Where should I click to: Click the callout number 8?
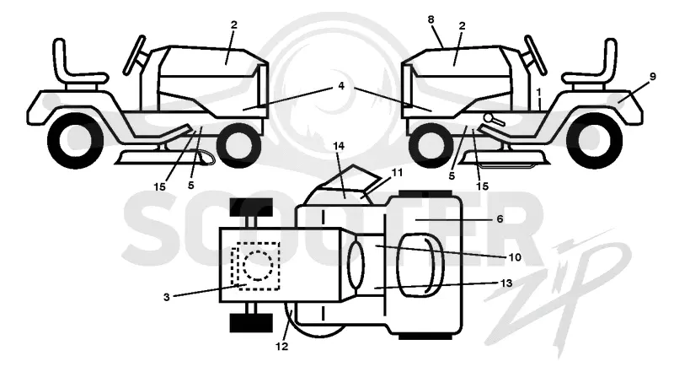pos(431,19)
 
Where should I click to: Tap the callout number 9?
pos(652,77)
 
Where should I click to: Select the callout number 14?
pos(339,146)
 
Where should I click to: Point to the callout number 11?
pos(397,173)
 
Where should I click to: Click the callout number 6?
pos(500,219)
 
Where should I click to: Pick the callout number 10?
pos(515,257)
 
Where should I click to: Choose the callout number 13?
pos(506,283)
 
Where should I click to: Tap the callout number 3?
pos(166,297)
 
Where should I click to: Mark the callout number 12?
pos(282,346)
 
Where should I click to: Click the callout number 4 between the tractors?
pos(341,86)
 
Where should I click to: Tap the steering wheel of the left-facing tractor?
pos(534,56)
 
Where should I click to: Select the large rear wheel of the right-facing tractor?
pos(76,140)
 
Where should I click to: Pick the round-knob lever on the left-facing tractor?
pos(493,119)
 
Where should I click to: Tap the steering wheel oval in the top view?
pos(356,265)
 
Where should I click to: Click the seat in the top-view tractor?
pos(420,265)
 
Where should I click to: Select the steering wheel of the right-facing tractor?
pos(135,55)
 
